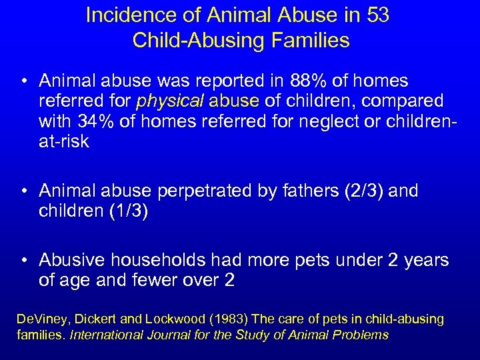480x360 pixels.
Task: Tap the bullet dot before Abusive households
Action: tap(24, 261)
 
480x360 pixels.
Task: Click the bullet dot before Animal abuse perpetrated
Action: tap(24, 192)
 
